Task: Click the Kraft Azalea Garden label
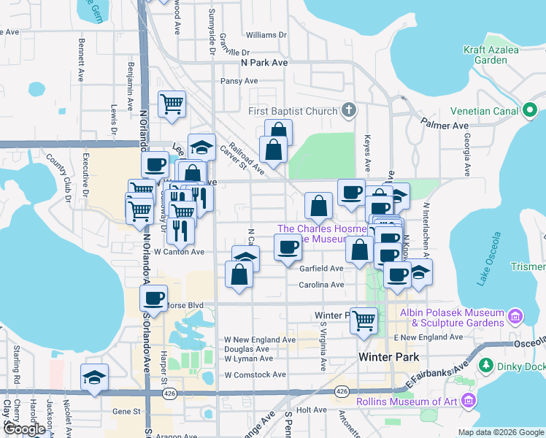point(491,55)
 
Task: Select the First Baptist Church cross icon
point(349,111)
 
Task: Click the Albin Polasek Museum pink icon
point(515,316)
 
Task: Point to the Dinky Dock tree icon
point(487,364)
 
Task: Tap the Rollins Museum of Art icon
point(467,400)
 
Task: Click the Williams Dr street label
point(266,35)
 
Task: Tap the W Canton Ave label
point(179,253)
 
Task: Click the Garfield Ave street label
point(321,269)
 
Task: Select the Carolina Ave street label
point(321,285)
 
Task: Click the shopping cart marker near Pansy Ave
point(172,103)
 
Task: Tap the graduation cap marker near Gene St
point(95,377)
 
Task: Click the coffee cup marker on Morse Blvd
point(153,298)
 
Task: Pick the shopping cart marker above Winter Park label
point(363,319)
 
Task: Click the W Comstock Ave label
point(255,374)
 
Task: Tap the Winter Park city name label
point(389,357)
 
